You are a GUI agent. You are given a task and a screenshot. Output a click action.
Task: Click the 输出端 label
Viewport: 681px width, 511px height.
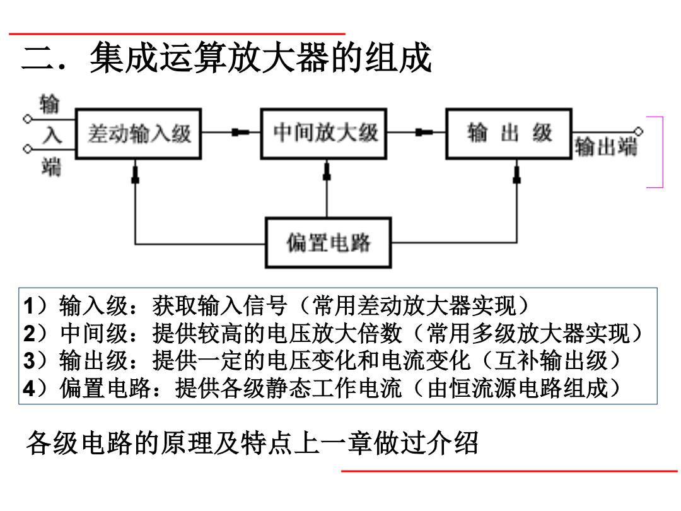[x=606, y=146]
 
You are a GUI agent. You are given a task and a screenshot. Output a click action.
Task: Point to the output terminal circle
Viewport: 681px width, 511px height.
[x=638, y=132]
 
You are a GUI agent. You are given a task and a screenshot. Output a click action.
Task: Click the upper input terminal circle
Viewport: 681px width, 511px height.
[x=27, y=119]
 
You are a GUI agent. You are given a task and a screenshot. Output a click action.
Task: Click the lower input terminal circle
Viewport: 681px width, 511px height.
[x=27, y=149]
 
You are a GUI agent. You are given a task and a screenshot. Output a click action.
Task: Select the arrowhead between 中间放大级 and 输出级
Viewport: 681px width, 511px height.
[x=424, y=132]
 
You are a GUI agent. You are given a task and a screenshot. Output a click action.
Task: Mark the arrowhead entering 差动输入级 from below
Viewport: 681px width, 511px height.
[x=136, y=174]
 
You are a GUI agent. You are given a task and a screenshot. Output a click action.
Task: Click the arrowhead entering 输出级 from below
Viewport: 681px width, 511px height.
[x=517, y=174]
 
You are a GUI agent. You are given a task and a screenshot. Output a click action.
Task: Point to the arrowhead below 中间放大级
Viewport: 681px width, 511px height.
[x=327, y=171]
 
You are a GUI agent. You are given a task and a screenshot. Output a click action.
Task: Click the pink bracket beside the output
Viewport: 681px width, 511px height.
[x=663, y=152]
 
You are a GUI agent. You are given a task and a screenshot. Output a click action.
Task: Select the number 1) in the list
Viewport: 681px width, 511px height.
[x=35, y=305]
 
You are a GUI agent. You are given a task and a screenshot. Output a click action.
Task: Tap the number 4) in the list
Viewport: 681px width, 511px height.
[x=35, y=388]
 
